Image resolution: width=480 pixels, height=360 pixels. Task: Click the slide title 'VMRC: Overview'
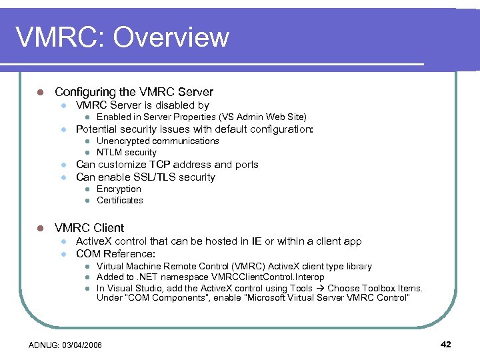coord(122,37)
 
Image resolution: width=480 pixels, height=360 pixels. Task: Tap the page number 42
coord(446,344)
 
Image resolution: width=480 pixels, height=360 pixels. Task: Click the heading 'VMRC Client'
coord(89,227)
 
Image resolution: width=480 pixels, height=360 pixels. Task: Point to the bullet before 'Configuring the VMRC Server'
coord(40,92)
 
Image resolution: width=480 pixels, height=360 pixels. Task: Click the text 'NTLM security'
coord(126,152)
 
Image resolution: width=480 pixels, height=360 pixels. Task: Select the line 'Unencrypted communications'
coord(157,141)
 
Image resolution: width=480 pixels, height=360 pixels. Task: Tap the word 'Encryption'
coord(119,189)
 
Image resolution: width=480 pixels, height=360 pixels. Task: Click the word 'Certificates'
coord(119,200)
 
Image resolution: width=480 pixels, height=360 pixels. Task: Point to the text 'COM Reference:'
coord(115,254)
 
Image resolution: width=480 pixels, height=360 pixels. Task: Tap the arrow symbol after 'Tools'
coord(319,288)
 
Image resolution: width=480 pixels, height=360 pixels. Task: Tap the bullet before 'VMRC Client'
coord(40,228)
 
